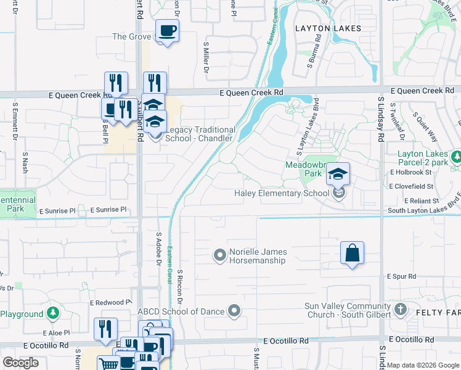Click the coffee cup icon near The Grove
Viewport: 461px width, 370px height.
pos(167,30)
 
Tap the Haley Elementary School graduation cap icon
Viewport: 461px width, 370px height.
pos(338,174)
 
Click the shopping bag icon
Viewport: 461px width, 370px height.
pos(352,253)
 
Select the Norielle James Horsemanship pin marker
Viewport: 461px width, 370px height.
pos(220,255)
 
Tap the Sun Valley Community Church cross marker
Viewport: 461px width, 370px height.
pos(400,310)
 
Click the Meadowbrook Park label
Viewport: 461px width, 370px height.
pos(304,169)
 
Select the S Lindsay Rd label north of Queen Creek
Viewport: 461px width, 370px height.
pos(381,117)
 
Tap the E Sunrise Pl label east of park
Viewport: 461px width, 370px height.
pos(108,210)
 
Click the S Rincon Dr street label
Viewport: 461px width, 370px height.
pos(179,287)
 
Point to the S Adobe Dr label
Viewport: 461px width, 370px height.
pos(158,250)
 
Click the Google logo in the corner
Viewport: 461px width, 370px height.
pos(21,363)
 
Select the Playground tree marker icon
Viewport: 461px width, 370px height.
pos(52,314)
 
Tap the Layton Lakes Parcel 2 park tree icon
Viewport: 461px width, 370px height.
pos(455,157)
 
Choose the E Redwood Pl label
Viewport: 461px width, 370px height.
pos(111,303)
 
